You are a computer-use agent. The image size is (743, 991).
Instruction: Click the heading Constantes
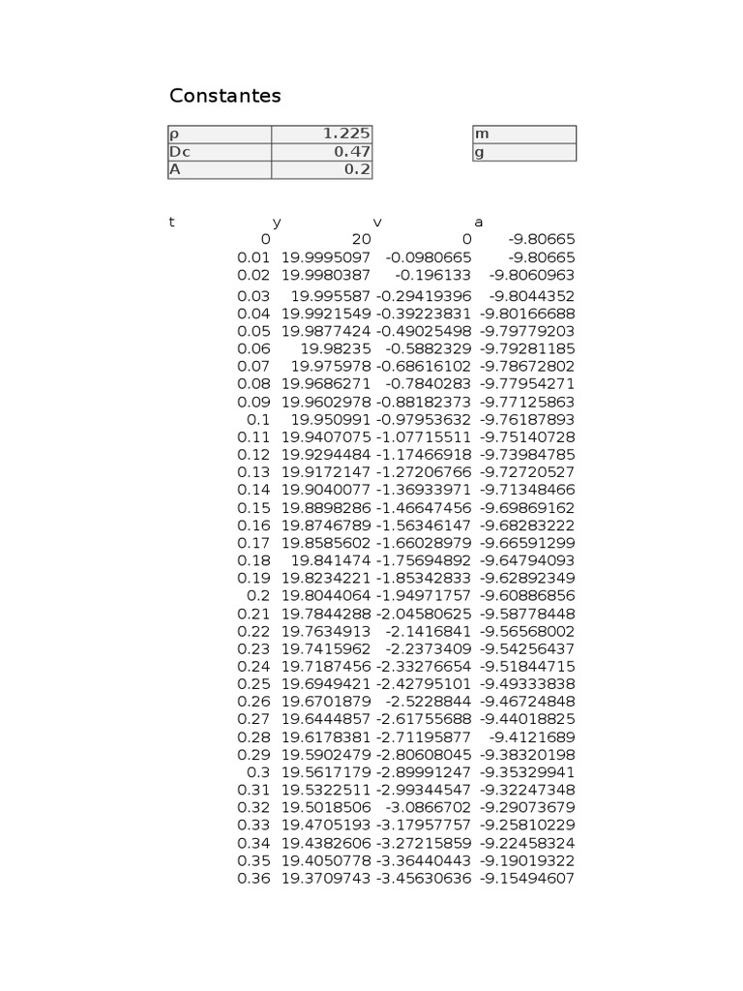pyautogui.click(x=224, y=96)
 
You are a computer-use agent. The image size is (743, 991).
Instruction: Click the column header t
pyautogui.click(x=172, y=222)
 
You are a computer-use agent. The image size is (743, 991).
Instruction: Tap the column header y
pyautogui.click(x=277, y=222)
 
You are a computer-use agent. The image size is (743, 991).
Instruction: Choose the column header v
pyautogui.click(x=377, y=222)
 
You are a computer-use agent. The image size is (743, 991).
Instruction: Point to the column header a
pyautogui.click(x=478, y=222)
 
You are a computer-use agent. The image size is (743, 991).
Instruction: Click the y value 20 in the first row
pyautogui.click(x=360, y=239)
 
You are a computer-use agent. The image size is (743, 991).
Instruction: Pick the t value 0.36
pyautogui.click(x=253, y=879)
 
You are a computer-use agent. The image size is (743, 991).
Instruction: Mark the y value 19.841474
pyautogui.click(x=331, y=559)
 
